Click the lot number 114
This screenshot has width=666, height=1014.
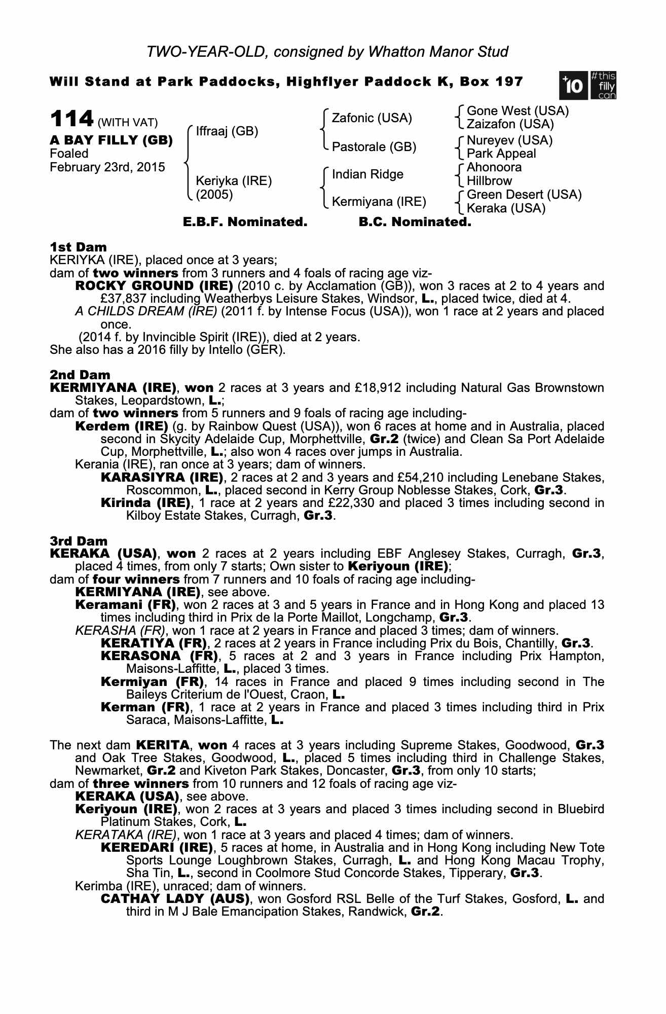(71, 120)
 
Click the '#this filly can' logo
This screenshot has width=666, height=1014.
(603, 86)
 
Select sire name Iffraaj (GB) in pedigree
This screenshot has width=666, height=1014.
(227, 131)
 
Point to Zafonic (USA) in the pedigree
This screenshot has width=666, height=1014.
(372, 118)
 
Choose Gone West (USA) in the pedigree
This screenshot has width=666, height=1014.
(517, 111)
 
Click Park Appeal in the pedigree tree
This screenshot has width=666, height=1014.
(501, 154)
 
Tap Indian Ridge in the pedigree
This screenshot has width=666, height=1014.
(367, 174)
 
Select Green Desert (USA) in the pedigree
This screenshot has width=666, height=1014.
(524, 195)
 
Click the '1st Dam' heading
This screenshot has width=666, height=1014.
(78, 247)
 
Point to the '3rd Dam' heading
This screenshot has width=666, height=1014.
(79, 541)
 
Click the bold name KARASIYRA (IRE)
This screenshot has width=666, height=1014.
(162, 478)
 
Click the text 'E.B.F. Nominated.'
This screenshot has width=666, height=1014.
(245, 222)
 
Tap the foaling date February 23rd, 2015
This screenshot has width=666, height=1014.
(107, 167)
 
